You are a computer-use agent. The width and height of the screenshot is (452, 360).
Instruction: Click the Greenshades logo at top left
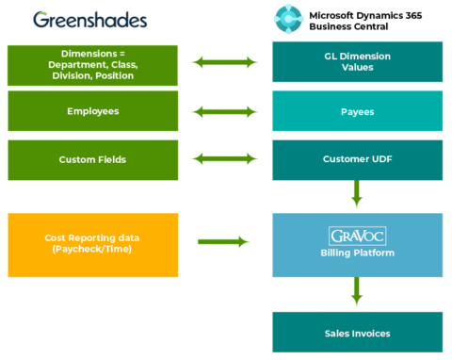[89, 20]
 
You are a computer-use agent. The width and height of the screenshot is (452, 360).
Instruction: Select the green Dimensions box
[92, 63]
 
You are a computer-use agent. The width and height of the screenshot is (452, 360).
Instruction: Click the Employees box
[92, 111]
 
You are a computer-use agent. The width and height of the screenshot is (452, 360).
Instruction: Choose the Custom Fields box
[92, 159]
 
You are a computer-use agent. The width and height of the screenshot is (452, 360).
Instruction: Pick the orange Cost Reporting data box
[92, 245]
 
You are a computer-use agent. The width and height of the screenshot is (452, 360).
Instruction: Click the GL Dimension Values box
[357, 63]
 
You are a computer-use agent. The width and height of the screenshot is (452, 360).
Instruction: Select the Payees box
[357, 111]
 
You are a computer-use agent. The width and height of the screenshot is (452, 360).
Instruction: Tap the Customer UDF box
[357, 159]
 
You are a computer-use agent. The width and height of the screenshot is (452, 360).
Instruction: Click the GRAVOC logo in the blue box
[357, 236]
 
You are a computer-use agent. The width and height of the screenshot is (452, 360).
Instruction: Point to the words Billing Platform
[357, 254]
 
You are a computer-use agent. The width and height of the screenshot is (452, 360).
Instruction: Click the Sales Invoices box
[357, 333]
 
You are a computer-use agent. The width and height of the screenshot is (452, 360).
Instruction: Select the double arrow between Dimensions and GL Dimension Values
[224, 62]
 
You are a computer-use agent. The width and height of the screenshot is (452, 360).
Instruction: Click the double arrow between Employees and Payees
[224, 111]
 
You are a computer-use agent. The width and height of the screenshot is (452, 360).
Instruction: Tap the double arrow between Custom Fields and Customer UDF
[224, 159]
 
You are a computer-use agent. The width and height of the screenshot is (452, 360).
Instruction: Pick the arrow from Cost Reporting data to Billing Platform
[224, 242]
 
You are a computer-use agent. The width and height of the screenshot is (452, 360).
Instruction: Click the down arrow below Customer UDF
[357, 195]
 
